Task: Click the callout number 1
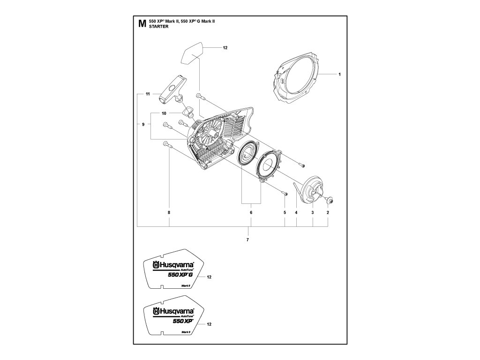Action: coord(339,74)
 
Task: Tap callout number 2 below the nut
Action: coord(328,213)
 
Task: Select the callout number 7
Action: coord(247,240)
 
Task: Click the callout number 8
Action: coord(169,213)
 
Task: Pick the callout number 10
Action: coord(164,113)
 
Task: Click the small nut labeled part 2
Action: coord(330,201)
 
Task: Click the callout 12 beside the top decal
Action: coord(225,48)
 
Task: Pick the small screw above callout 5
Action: coord(284,193)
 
